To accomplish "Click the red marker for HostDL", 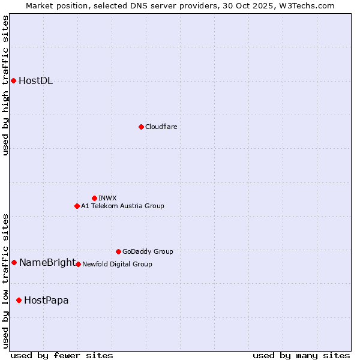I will coord(13,80).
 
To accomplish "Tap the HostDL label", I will coord(36,81).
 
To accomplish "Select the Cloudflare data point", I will coord(141,127).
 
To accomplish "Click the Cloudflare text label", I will coord(161,127).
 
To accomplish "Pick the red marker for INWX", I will coord(94,198).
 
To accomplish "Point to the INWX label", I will coord(107,198).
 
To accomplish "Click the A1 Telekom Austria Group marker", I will coord(77,206).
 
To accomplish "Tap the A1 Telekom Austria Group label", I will coord(122,206).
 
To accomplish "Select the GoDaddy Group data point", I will coord(118,251).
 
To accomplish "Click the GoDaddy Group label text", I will coord(148,251).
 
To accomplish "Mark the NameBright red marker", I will coord(14,262).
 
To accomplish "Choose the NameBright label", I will coord(47,262).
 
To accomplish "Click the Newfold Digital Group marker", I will coord(78,264).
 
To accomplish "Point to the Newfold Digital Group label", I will coord(117,264).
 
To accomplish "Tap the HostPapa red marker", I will coord(19,300).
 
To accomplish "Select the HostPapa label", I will coord(46,300).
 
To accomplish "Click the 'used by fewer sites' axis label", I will coord(62,355).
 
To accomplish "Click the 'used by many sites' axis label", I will coord(301,355).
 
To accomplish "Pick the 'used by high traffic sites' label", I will coord(6,85).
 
